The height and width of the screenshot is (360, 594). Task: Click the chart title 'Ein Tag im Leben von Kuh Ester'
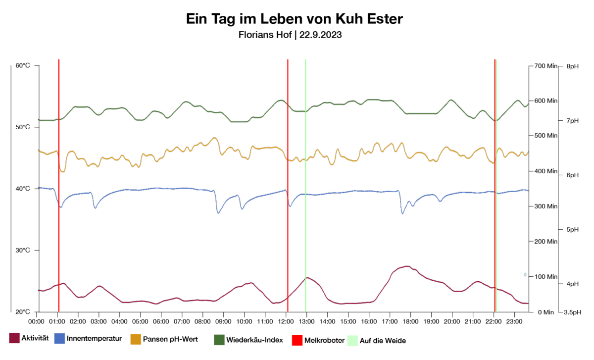tap(295, 19)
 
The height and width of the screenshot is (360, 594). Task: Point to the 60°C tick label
tap(22, 65)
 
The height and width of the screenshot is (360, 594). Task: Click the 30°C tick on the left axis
tap(22, 251)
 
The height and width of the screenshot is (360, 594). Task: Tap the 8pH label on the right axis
tap(572, 66)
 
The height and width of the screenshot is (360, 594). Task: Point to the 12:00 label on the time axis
tap(287, 321)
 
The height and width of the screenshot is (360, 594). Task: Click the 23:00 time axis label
tap(514, 321)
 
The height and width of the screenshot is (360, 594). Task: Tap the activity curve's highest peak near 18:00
tap(406, 266)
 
